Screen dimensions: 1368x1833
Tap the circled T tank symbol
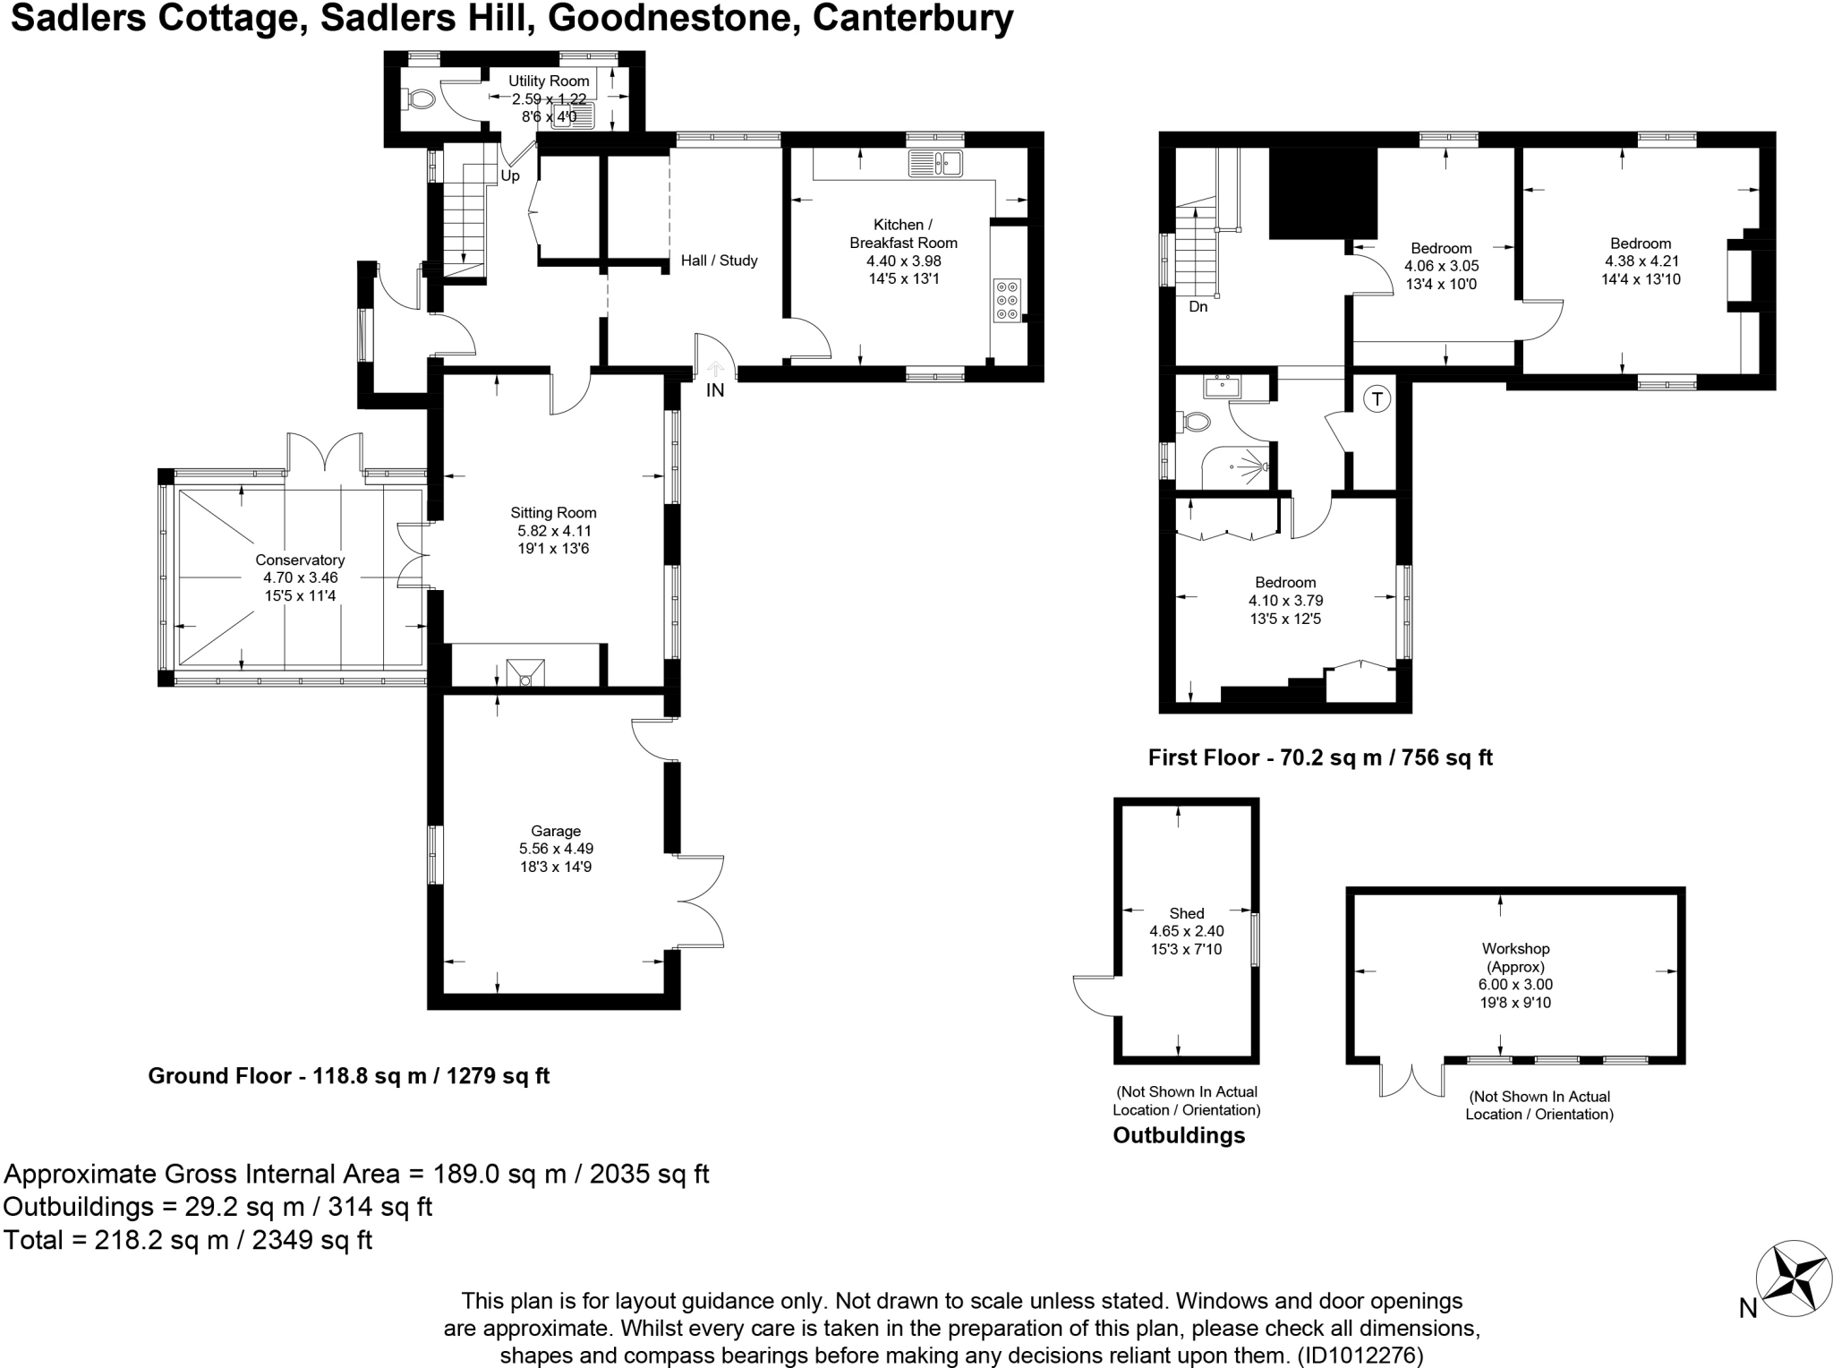[x=1378, y=399]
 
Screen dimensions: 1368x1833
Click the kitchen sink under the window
[x=934, y=164]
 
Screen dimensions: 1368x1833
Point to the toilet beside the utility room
[x=417, y=98]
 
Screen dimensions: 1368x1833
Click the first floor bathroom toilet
[x=1195, y=421]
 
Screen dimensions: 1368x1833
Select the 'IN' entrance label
[x=715, y=390]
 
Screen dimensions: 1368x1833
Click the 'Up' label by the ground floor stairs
[x=510, y=175]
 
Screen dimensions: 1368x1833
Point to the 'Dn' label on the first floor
[x=1198, y=306]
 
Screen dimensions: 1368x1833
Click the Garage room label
[x=556, y=831]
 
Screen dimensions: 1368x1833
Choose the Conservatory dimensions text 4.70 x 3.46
[x=300, y=577]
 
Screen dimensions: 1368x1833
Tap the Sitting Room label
[x=553, y=513]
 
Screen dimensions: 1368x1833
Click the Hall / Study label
[x=719, y=261]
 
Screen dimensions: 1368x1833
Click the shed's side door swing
[x=1094, y=996]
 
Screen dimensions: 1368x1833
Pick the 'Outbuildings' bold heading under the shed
[x=1179, y=1135]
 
